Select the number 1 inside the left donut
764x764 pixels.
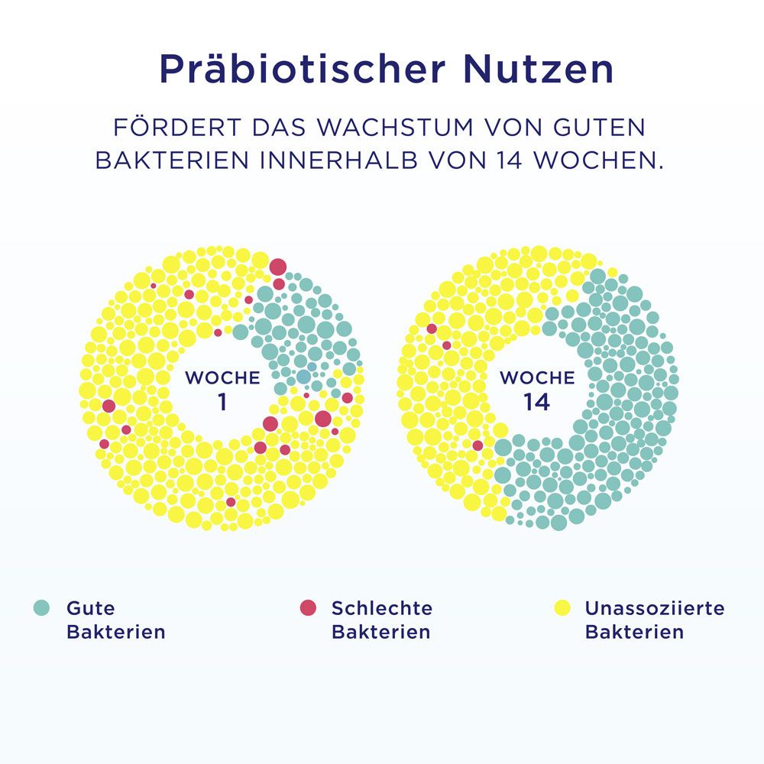click(222, 402)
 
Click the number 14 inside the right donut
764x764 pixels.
click(536, 402)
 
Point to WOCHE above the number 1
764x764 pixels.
click(222, 377)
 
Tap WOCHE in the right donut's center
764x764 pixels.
click(536, 377)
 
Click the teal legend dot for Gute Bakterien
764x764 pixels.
click(41, 608)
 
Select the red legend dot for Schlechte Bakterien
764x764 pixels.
click(307, 608)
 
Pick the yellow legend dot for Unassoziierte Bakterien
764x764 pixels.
click(562, 608)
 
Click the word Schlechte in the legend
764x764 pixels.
click(381, 608)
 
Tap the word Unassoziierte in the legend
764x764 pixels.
click(654, 608)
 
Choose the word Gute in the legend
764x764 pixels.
click(90, 608)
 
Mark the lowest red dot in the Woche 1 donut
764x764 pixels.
click(231, 502)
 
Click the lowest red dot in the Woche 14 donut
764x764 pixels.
click(477, 445)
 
